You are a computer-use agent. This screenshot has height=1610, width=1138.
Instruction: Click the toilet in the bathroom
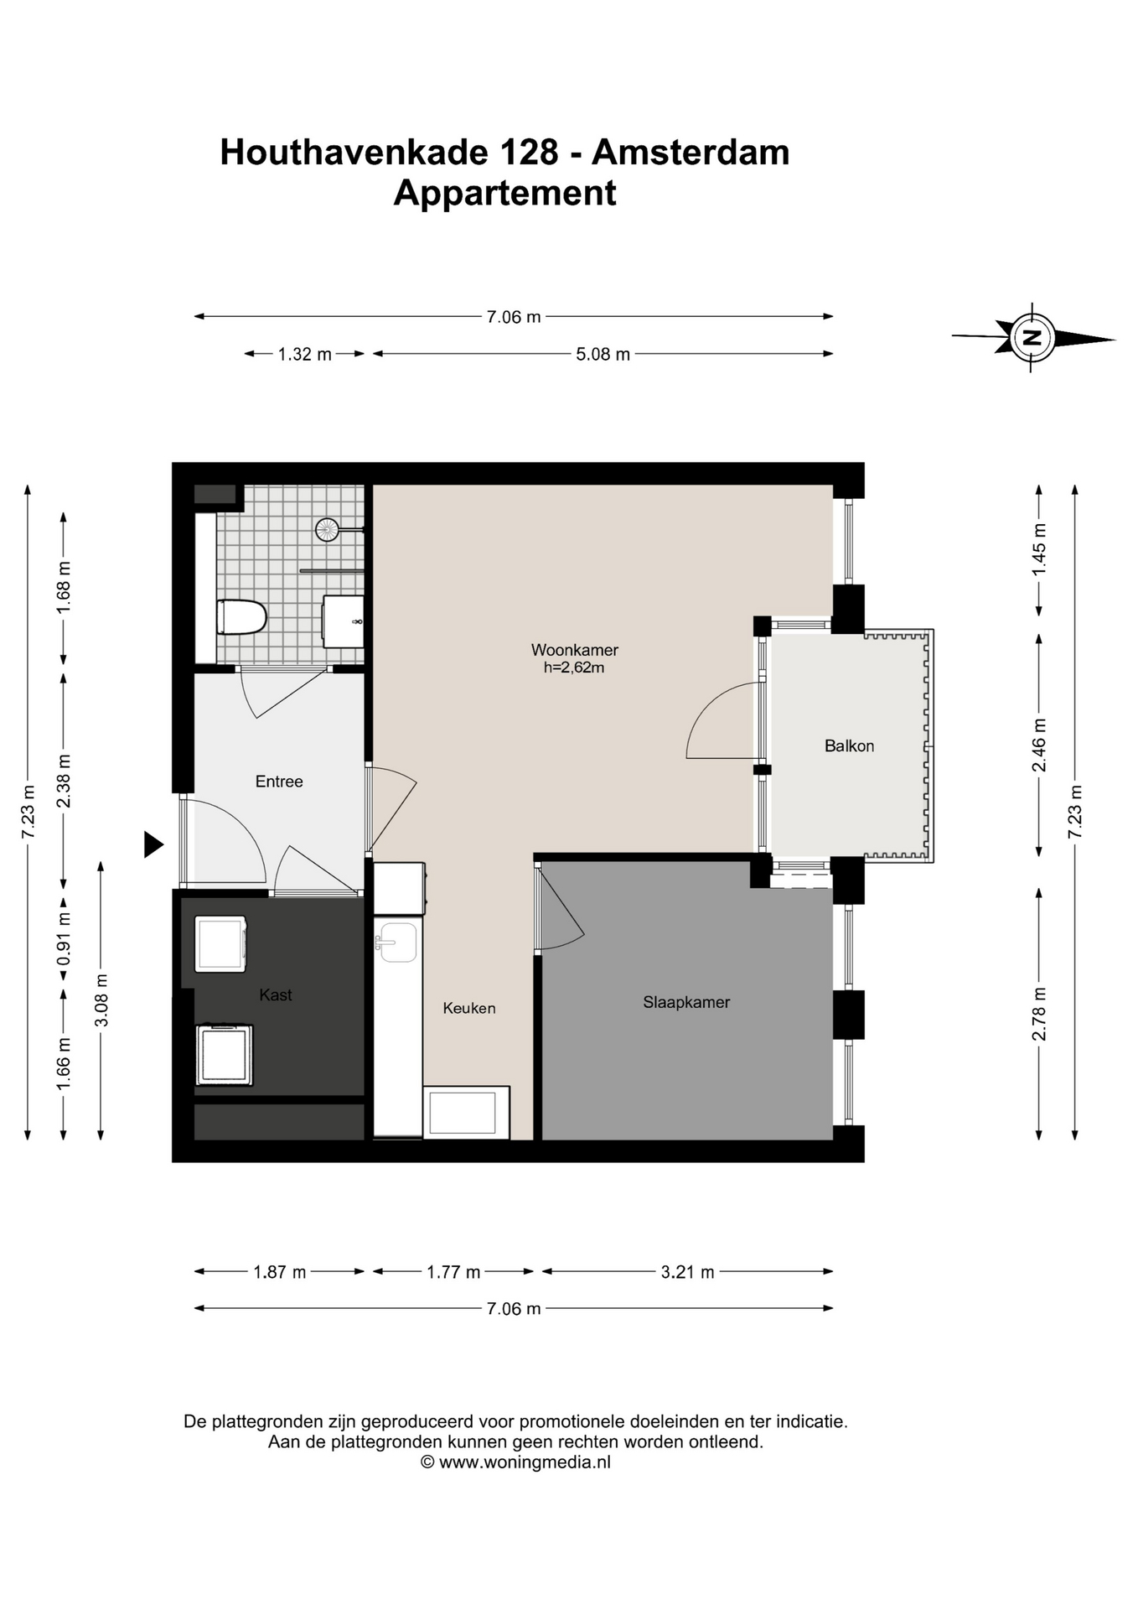241,618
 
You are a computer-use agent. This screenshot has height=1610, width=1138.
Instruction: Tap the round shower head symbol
327,529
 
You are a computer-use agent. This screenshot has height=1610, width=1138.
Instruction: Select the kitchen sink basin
396,943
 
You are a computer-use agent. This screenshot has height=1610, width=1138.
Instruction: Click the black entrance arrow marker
153,844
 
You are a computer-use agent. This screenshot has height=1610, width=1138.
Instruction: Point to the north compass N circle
1032,338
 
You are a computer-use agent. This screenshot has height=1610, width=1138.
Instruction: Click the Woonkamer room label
575,650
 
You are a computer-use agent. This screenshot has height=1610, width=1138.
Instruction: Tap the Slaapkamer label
686,1002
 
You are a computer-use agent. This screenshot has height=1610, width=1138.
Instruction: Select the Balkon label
849,745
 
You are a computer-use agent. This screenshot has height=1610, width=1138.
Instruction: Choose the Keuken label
469,1008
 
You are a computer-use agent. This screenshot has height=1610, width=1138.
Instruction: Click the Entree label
279,782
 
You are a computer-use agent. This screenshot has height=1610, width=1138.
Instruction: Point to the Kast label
276,995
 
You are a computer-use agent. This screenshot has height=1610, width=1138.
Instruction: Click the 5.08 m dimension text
603,354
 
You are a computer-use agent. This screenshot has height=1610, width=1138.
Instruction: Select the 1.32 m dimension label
305,354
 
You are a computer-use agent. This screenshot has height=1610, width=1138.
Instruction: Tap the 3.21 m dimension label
687,1272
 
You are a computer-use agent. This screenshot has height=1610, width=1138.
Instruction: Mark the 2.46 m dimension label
1039,745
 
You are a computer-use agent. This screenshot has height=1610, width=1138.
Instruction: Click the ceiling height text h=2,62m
574,668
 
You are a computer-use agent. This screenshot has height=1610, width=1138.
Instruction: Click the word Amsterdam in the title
691,153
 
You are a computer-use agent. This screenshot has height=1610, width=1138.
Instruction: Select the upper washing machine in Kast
220,943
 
